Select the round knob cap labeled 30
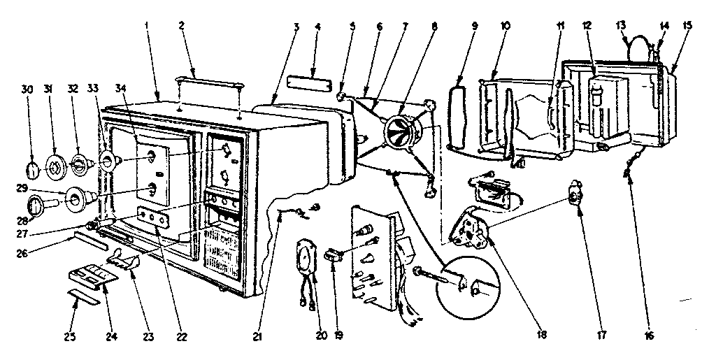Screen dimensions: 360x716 (x=32, y=169)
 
